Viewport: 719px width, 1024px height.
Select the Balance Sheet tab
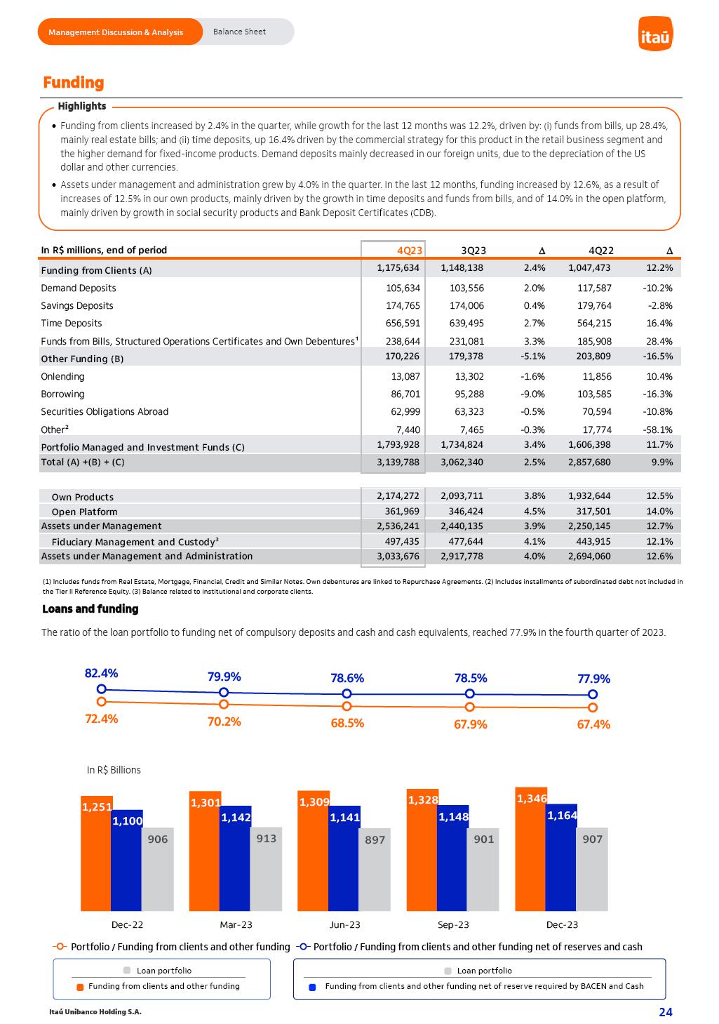[239, 32]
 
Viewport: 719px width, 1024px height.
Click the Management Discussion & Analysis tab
[116, 32]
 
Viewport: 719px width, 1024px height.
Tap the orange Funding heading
[73, 83]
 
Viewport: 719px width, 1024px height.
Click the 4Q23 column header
[410, 251]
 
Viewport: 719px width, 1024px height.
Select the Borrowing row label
[62, 394]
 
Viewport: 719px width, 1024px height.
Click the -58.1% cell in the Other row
[658, 430]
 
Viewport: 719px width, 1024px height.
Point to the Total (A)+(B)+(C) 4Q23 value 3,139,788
[398, 463]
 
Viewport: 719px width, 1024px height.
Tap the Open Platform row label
[84, 512]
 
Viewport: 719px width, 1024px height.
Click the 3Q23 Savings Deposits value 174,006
[466, 306]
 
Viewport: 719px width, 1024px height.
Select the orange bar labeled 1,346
[530, 853]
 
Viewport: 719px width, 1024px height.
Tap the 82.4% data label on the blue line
[101, 673]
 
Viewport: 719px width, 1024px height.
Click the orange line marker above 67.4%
[593, 707]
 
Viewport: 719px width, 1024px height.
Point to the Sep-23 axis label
[453, 924]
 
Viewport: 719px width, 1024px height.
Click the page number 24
[665, 1011]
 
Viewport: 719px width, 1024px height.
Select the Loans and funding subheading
[90, 609]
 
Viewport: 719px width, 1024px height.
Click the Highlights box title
[82, 107]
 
